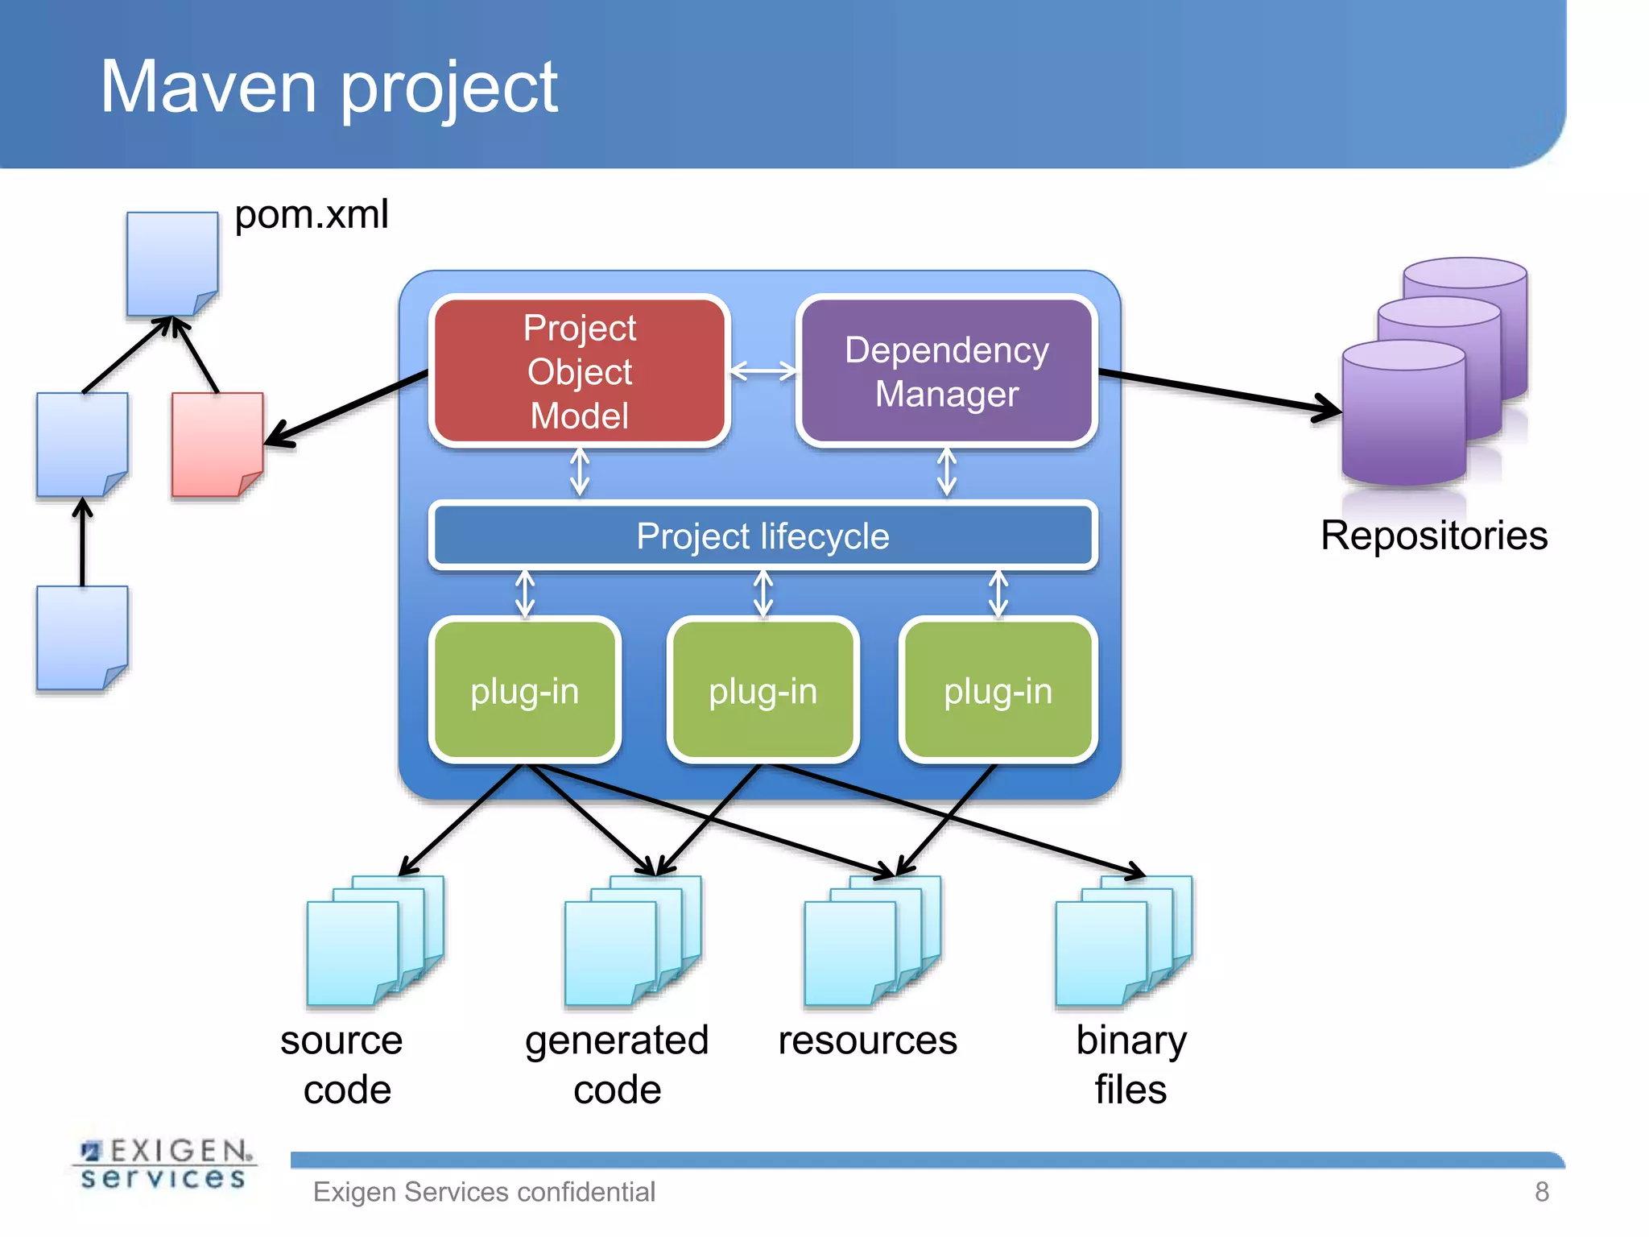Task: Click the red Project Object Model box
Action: pyautogui.click(x=580, y=370)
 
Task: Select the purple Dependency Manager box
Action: pyautogui.click(x=947, y=370)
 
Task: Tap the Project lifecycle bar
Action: pyautogui.click(x=763, y=536)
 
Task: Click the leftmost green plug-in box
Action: pyautogui.click(x=525, y=690)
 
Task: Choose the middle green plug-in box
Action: pyautogui.click(x=763, y=690)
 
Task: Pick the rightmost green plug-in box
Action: pyautogui.click(x=998, y=690)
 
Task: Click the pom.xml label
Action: pyautogui.click(x=312, y=215)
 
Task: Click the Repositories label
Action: pyautogui.click(x=1433, y=536)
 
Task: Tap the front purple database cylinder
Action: pyautogui.click(x=1403, y=415)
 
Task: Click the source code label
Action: pyautogui.click(x=343, y=1064)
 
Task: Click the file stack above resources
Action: pyautogui.click(x=871, y=942)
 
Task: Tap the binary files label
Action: pyautogui.click(x=1130, y=1064)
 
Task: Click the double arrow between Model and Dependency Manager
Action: pyautogui.click(x=763, y=371)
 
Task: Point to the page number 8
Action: pyautogui.click(x=1541, y=1191)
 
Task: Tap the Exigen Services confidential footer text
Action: pyautogui.click(x=484, y=1191)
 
